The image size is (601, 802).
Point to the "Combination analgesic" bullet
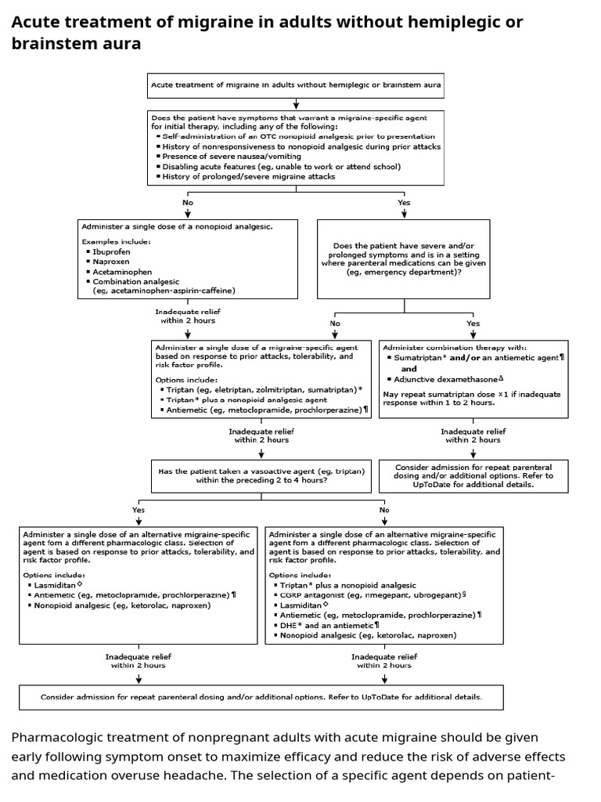[x=136, y=281]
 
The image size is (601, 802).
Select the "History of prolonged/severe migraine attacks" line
[x=248, y=176]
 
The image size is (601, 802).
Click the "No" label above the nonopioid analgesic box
[x=188, y=202]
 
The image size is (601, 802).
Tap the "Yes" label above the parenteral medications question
[x=404, y=202]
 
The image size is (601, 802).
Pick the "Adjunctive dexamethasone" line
[x=448, y=378]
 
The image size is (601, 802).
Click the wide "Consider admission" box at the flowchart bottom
[x=261, y=696]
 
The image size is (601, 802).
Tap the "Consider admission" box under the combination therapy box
[x=485, y=475]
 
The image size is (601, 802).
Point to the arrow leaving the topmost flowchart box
[x=296, y=103]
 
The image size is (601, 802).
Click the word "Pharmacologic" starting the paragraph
[x=56, y=738]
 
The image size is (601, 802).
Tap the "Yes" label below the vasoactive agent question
[x=139, y=509]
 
